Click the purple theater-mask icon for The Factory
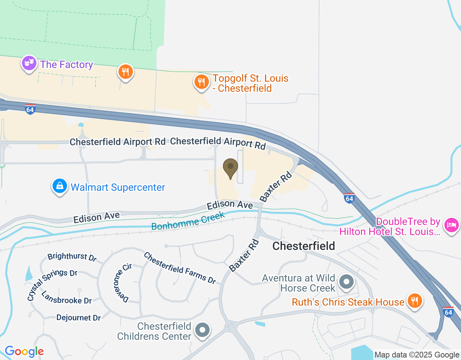(x=29, y=64)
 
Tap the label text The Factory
(x=67, y=65)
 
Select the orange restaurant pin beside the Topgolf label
(x=201, y=82)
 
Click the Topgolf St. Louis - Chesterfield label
(x=250, y=83)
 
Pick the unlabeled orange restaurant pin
(x=125, y=72)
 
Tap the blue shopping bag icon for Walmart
(x=60, y=186)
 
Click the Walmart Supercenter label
(x=118, y=187)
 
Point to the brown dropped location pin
(x=230, y=168)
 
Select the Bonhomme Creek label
(x=188, y=221)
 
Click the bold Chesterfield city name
(x=304, y=246)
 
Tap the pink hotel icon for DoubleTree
(x=452, y=225)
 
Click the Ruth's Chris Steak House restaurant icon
(x=415, y=301)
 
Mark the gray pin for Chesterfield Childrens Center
(x=202, y=330)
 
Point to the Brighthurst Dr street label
(x=72, y=257)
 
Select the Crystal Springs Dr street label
(x=52, y=284)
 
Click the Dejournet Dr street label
(x=79, y=318)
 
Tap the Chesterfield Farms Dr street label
(x=180, y=268)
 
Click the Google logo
(x=24, y=351)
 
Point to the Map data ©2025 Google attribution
(x=417, y=355)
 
